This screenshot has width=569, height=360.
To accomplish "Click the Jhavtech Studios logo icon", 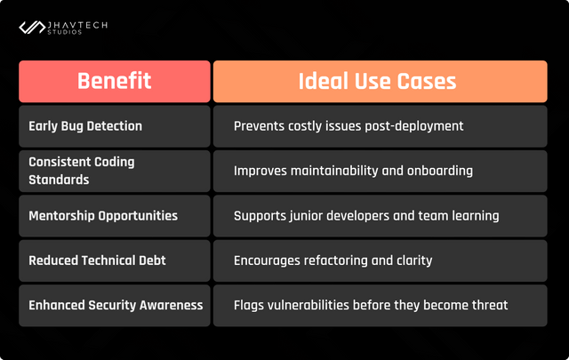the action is [32, 28].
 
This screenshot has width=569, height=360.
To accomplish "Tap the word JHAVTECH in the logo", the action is [77, 25].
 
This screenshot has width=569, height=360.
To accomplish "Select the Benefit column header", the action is [115, 81].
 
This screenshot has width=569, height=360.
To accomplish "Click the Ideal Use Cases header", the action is [381, 81].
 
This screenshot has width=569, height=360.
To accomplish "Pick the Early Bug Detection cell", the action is [115, 126].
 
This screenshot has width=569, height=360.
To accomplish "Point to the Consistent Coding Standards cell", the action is [115, 171].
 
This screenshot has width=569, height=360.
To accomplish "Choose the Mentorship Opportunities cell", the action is [115, 216].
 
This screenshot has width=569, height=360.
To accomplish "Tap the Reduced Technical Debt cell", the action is [115, 260].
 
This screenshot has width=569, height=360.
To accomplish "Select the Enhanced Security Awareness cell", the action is [115, 306].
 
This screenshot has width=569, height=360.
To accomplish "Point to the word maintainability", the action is [334, 171].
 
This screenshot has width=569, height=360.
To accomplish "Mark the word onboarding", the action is [440, 171].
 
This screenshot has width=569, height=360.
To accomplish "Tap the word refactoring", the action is [335, 260].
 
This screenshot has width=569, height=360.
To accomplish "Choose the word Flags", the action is [249, 305].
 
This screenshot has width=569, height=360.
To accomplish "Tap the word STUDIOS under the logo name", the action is [65, 32].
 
